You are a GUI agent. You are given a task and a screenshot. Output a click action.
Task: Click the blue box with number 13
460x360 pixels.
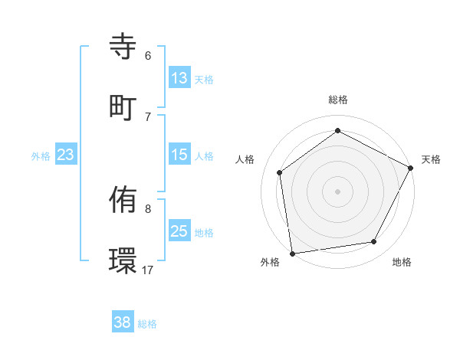click(x=179, y=77)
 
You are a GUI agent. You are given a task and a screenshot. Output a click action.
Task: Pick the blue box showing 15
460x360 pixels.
click(x=179, y=155)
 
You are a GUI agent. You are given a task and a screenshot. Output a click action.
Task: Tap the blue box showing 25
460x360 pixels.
click(x=179, y=231)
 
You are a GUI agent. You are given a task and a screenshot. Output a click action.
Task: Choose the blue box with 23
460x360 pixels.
click(x=65, y=155)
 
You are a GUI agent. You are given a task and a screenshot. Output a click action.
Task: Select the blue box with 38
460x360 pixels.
click(x=123, y=322)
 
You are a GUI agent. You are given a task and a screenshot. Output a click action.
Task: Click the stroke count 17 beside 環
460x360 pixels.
click(x=148, y=270)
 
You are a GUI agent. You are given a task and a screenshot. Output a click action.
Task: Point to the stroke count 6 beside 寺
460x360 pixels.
click(x=148, y=56)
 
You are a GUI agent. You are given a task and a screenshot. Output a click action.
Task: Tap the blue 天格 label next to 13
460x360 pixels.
click(x=204, y=79)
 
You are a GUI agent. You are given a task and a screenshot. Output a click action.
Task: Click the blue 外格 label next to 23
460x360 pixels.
click(x=41, y=156)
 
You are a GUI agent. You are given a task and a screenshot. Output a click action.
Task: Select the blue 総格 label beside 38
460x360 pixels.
click(x=147, y=324)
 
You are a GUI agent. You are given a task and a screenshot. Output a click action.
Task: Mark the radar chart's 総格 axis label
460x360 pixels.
click(x=337, y=100)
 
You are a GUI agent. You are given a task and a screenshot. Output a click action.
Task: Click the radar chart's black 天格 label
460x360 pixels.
click(x=431, y=159)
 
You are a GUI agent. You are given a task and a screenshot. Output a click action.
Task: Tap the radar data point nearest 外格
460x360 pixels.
click(x=292, y=253)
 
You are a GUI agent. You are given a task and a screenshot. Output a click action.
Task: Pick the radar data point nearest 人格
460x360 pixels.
click(x=280, y=172)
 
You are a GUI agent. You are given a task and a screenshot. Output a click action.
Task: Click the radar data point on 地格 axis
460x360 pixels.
click(x=374, y=241)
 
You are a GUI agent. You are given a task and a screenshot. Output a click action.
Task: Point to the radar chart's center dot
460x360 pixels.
click(x=337, y=191)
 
